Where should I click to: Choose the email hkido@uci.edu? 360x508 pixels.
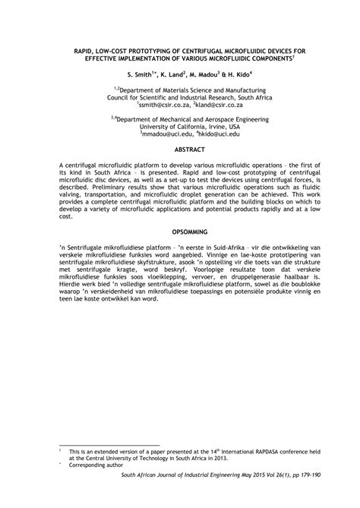[218, 133]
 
